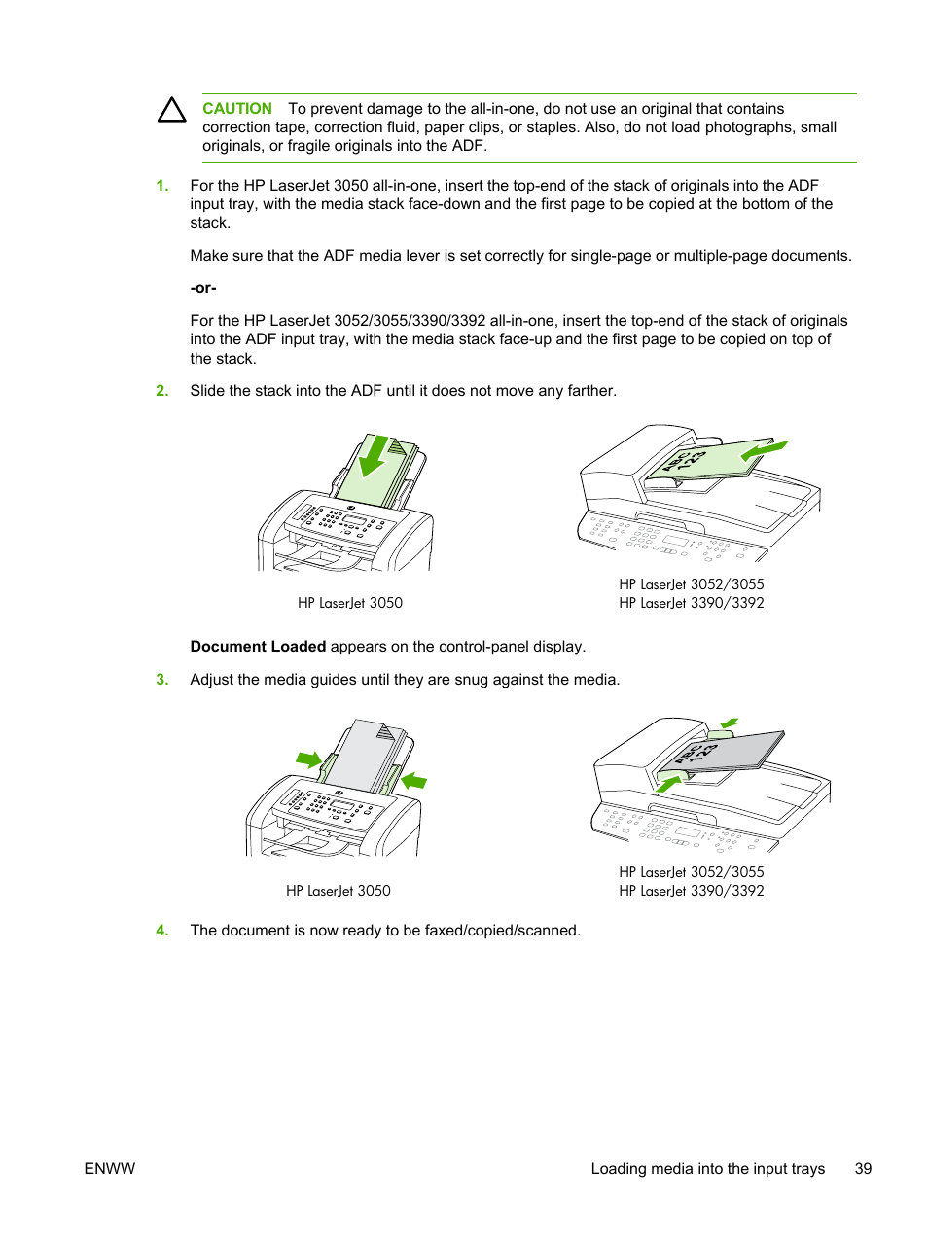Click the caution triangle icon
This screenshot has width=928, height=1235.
click(x=172, y=110)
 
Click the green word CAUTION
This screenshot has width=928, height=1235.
click(x=236, y=109)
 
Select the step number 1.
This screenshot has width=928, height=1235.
click(x=162, y=186)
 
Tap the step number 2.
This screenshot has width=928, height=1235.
click(x=162, y=391)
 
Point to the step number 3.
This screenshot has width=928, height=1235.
click(x=162, y=680)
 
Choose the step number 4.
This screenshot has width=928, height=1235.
click(x=162, y=931)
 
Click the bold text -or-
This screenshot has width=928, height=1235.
click(x=203, y=288)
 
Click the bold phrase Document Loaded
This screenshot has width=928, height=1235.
click(x=258, y=647)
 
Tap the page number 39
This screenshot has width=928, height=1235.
click(x=863, y=1169)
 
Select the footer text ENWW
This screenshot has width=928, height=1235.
click(x=110, y=1169)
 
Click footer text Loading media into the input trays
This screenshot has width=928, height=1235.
click(x=707, y=1169)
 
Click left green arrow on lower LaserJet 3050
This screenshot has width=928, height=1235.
click(x=309, y=759)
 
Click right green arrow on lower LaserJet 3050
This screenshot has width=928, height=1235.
click(x=414, y=780)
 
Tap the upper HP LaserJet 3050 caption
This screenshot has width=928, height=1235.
click(x=350, y=603)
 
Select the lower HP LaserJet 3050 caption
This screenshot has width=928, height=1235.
click(x=339, y=891)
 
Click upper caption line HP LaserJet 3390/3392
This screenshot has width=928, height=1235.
click(x=692, y=603)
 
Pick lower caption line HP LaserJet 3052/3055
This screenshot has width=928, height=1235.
click(x=692, y=872)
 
